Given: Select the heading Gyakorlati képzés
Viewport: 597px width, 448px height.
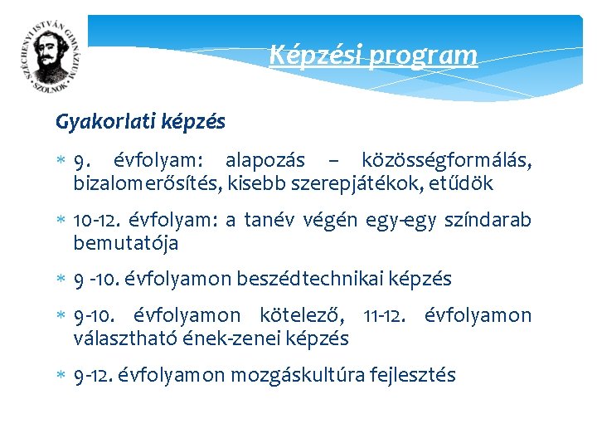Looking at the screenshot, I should (140, 122).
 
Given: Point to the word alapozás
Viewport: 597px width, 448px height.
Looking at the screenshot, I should (265, 160).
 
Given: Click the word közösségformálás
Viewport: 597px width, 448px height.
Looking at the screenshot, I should (446, 160).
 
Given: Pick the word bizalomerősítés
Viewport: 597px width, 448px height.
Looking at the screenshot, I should (145, 183).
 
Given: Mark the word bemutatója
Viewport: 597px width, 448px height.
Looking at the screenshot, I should (125, 244).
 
